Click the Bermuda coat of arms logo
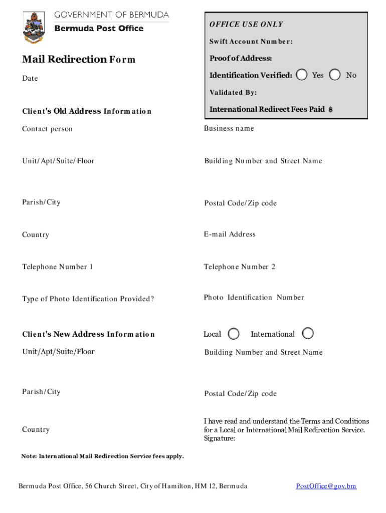pyautogui.click(x=34, y=27)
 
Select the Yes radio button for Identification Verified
pyautogui.click(x=302, y=75)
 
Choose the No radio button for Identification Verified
pyautogui.click(x=336, y=75)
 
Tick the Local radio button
pyautogui.click(x=234, y=334)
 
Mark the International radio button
pyautogui.click(x=308, y=334)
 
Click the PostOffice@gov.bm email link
pyautogui.click(x=326, y=486)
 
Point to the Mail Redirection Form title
pyautogui.click(x=79, y=60)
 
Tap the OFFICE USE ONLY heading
pyautogui.click(x=246, y=24)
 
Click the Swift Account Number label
pyautogui.click(x=251, y=42)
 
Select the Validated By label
pyautogui.click(x=233, y=93)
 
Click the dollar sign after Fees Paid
pyautogui.click(x=330, y=109)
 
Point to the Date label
pyautogui.click(x=30, y=79)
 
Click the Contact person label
pyautogui.click(x=47, y=129)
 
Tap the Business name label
pyautogui.click(x=229, y=129)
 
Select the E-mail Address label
pyautogui.click(x=230, y=234)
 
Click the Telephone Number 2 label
pyautogui.click(x=240, y=267)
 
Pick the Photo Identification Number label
pyautogui.click(x=254, y=298)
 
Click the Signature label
pyautogui.click(x=220, y=439)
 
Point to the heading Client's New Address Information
pyautogui.click(x=88, y=334)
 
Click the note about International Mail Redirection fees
pyautogui.click(x=102, y=456)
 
